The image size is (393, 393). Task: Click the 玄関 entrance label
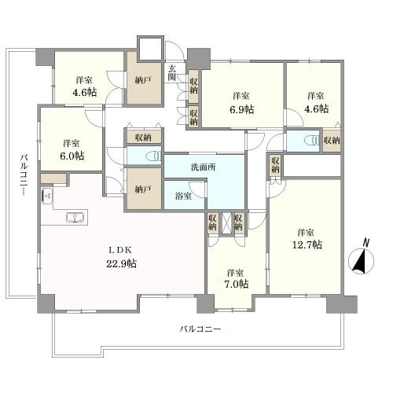tap(172, 73)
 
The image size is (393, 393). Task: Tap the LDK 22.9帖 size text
tap(121, 263)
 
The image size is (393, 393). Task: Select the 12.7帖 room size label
tap(307, 244)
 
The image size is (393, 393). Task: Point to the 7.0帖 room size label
tap(237, 284)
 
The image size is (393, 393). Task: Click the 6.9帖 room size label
tap(242, 109)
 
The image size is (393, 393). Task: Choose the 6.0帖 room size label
tap(72, 156)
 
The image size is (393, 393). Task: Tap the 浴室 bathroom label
tap(183, 196)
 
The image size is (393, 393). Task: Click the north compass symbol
tap(362, 261)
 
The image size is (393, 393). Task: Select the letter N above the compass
tap(366, 243)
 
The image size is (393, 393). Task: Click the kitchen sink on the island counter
tap(75, 218)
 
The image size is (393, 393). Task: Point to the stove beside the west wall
tap(47, 196)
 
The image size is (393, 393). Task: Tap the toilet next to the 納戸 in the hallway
tap(155, 156)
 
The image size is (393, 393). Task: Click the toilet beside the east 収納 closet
tap(312, 141)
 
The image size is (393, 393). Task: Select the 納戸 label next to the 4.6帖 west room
tap(143, 81)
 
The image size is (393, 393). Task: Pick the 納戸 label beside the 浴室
tap(143, 189)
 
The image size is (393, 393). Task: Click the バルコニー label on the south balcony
tap(200, 329)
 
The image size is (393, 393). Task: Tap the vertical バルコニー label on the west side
tap(24, 174)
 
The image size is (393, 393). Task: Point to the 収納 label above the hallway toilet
tap(143, 137)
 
